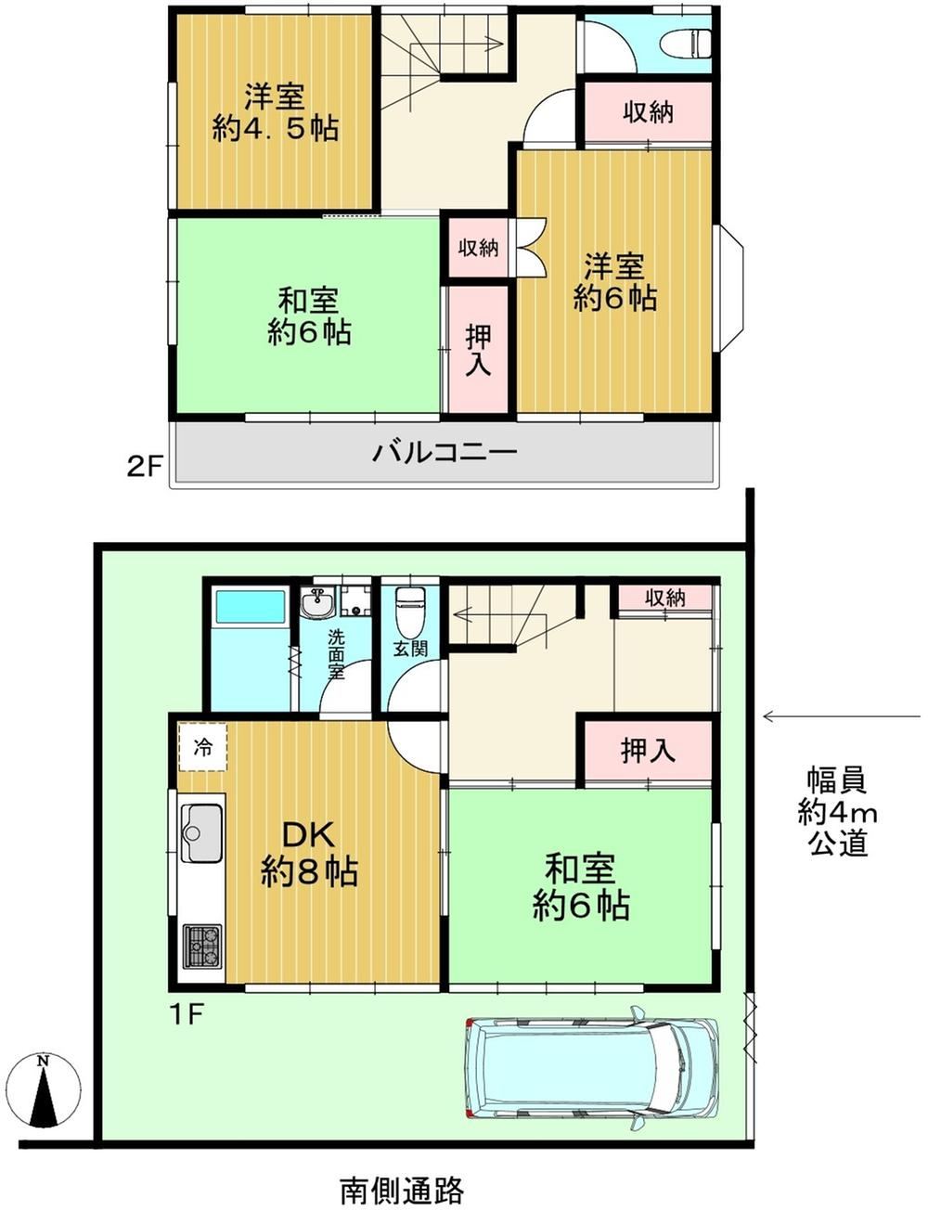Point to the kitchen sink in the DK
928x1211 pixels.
click(201, 833)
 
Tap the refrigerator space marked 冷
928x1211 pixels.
click(202, 747)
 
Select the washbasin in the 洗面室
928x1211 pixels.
click(318, 603)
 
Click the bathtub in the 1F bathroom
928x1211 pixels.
click(251, 607)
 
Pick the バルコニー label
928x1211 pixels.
click(445, 453)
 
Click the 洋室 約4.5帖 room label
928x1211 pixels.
click(275, 112)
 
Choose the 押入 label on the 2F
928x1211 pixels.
click(478, 350)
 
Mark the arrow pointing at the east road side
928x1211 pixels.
click(841, 716)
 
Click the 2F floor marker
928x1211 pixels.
click(144, 466)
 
